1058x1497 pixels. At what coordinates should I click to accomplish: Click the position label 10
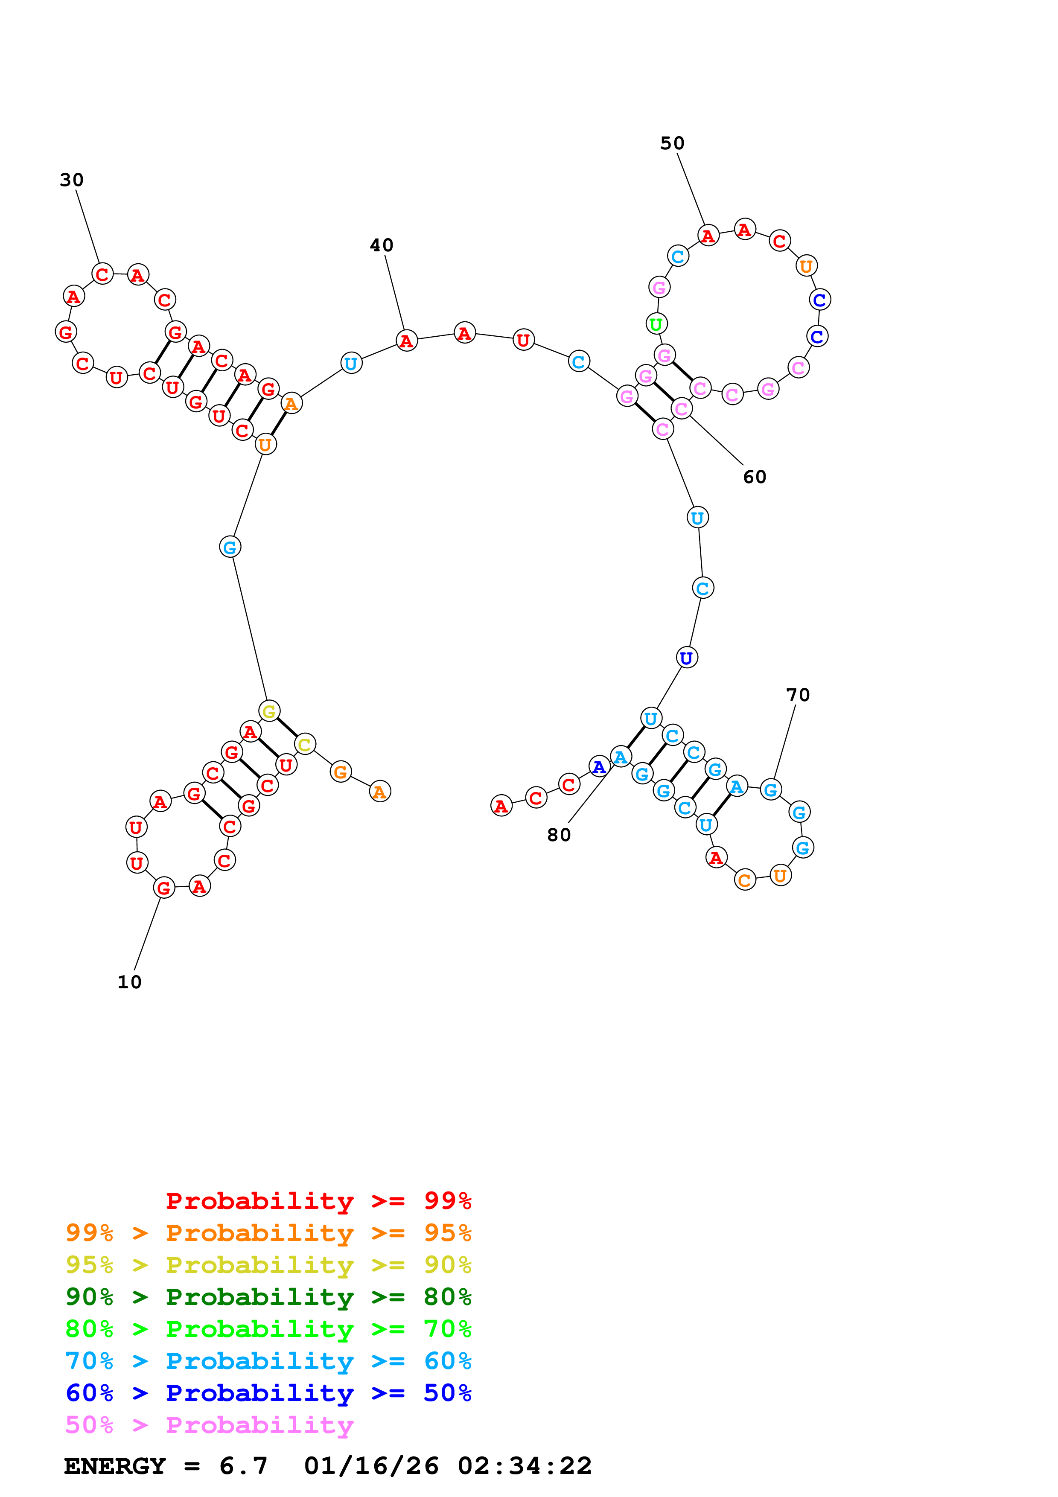(129, 982)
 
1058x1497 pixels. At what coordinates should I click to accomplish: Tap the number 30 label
(72, 180)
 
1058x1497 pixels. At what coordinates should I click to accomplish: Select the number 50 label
(672, 143)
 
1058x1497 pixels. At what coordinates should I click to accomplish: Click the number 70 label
(797, 695)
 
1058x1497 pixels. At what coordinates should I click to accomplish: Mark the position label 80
(559, 835)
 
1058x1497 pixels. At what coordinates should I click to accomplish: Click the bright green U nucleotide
(656, 323)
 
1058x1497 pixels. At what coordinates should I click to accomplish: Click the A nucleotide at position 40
(407, 341)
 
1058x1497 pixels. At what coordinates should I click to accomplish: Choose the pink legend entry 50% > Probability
(209, 1425)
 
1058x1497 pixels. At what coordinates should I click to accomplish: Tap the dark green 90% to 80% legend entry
(268, 1297)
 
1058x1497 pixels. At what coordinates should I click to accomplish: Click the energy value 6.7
(243, 1466)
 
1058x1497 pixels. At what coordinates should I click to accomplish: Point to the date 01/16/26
(371, 1466)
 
